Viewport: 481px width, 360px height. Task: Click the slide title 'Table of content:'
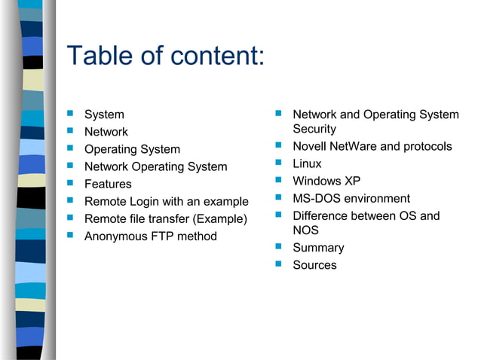[165, 56]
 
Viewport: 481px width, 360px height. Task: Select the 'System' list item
[104, 114]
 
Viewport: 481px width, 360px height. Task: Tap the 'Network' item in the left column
[106, 132]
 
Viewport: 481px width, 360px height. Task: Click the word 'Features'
[108, 184]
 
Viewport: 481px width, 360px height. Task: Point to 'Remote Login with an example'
[166, 201]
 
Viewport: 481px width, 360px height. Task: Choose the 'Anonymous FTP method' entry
[150, 236]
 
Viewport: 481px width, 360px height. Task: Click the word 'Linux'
[307, 163]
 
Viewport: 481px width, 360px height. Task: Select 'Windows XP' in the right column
[326, 181]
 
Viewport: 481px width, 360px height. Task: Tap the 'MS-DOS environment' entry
[351, 198]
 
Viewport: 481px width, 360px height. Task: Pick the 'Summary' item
[318, 248]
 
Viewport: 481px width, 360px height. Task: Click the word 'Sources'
[314, 265]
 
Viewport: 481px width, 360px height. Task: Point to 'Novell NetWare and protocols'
[372, 146]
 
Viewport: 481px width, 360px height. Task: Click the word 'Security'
[314, 130]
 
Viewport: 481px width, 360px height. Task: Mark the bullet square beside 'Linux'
[278, 163]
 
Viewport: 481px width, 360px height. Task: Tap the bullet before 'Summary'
[278, 247]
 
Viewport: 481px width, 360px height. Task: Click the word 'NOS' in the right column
[305, 230]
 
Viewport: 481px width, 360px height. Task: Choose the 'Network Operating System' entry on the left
[155, 166]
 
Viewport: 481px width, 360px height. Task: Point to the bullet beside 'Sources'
[278, 264]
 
